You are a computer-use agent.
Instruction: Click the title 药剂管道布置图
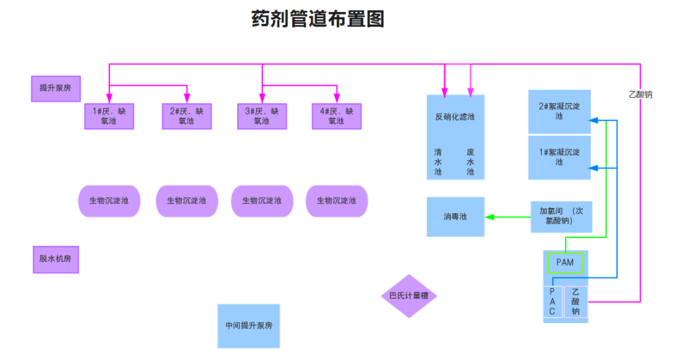coord(318,19)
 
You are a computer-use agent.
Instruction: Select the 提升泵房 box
coord(56,88)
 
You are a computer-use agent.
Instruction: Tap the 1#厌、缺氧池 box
coord(110,116)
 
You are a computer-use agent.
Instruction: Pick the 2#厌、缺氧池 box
coord(187,116)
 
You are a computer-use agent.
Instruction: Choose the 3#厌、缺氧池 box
coord(262,116)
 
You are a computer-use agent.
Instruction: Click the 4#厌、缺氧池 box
coord(337,116)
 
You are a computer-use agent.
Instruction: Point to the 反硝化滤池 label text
coord(455,116)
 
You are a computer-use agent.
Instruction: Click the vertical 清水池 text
coord(438,162)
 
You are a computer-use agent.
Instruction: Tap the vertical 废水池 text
coord(471,162)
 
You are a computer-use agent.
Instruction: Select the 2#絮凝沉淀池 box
coord(559,111)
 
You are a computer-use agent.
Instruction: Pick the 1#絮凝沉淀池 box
coord(559,157)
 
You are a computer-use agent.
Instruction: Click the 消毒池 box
coord(455,217)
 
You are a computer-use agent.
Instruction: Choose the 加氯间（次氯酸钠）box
coord(561,217)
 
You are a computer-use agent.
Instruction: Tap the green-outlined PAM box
coord(565,263)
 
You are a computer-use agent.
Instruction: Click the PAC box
coord(552,302)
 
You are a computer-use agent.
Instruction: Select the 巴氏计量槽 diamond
coord(409,296)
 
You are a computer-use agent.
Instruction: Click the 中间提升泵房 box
coord(248,326)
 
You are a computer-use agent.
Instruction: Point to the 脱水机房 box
coord(56,259)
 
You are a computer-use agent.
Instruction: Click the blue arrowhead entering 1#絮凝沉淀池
coord(595,168)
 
